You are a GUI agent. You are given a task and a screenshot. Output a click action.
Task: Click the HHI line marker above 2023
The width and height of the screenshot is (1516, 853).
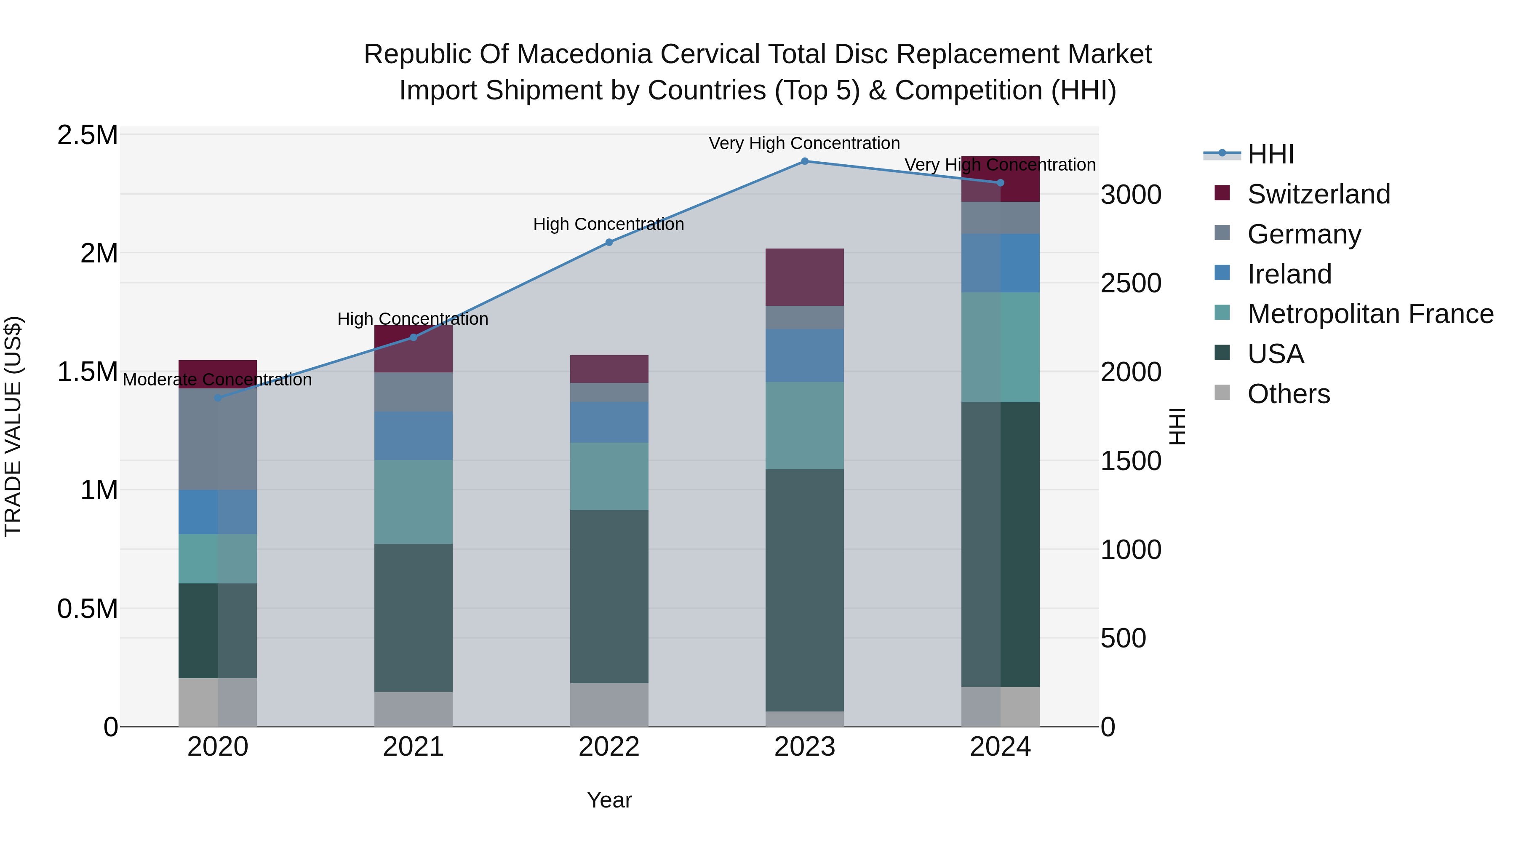[804, 161]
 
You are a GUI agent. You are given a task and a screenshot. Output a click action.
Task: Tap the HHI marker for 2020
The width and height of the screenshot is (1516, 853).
[218, 398]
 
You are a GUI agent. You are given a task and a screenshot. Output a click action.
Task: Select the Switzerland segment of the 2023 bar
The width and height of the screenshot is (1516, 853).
[804, 277]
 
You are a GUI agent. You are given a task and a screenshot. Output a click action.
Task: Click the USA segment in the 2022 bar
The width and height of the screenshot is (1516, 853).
[609, 596]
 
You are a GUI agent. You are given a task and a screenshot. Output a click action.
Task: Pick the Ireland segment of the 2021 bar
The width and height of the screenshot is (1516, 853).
[413, 436]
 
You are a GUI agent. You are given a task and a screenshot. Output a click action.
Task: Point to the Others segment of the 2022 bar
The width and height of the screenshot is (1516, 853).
[609, 705]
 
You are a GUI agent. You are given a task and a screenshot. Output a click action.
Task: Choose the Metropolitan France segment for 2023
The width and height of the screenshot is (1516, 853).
[804, 425]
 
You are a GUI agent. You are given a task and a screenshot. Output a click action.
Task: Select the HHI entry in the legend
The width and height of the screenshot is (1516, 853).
[1270, 154]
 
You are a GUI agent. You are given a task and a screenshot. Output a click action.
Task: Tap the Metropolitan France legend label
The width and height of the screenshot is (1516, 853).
[1370, 314]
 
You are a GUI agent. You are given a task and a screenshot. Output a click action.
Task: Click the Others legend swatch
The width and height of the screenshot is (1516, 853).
[1222, 393]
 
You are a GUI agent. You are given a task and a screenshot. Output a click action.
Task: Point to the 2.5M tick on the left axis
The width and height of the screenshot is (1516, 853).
[88, 135]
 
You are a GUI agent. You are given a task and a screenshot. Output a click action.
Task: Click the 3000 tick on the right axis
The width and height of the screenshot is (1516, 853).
[1131, 195]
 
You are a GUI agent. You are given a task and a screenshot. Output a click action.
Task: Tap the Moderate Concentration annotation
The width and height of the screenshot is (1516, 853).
[218, 380]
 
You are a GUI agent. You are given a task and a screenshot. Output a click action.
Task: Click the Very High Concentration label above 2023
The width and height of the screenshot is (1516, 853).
[804, 143]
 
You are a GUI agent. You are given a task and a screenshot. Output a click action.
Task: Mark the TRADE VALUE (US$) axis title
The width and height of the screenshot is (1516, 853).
[13, 426]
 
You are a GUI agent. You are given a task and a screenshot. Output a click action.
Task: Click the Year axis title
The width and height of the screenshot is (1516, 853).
[609, 800]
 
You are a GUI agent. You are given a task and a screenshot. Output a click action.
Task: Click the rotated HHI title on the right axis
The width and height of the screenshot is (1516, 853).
[1177, 426]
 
